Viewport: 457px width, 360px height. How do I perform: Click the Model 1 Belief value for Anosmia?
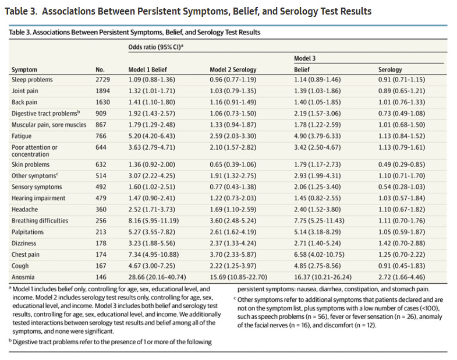[155, 277]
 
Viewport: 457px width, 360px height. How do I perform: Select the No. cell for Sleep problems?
[102, 79]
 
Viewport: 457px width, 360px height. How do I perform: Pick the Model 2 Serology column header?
[233, 69]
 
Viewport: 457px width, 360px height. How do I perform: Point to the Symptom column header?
[24, 69]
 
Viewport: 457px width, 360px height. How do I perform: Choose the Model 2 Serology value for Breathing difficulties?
[233, 221]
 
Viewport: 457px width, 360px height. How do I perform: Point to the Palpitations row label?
[27, 232]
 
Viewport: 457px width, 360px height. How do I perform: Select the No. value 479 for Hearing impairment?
[101, 199]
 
